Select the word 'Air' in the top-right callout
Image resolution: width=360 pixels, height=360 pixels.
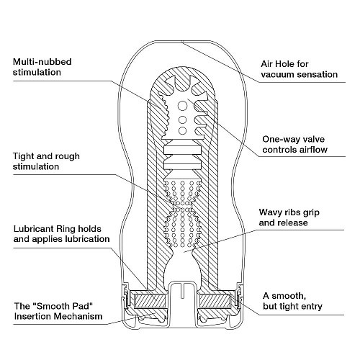tap(266, 63)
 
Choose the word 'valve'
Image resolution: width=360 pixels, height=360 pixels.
tap(318, 140)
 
